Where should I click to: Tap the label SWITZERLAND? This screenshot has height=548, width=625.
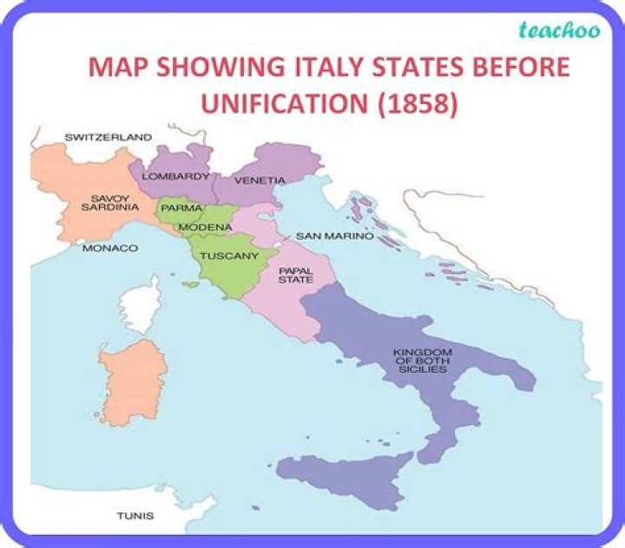(x=109, y=137)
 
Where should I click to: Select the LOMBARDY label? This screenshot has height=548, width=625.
(x=176, y=176)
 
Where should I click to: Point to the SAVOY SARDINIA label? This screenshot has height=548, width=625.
(x=110, y=202)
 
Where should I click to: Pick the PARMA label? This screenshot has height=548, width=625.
(x=181, y=208)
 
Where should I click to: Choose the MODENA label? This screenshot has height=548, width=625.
(x=206, y=227)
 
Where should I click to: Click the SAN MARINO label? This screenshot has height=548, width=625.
(x=334, y=236)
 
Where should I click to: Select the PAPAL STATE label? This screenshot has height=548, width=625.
(x=295, y=275)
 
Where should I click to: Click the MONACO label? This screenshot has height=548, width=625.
(x=110, y=248)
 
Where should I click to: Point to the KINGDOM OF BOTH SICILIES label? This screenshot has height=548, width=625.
(x=419, y=360)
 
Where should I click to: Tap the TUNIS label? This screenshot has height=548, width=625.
(x=135, y=516)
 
